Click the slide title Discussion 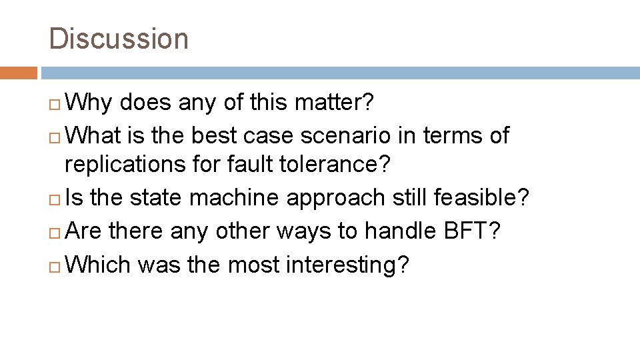[x=119, y=39]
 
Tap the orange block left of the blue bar [x=19, y=73]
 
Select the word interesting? [x=347, y=264]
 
